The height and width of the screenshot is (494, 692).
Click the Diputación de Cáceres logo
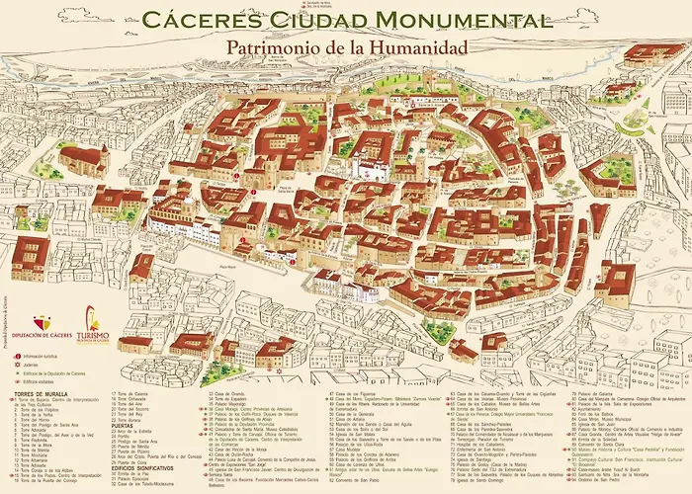pyautogui.click(x=40, y=327)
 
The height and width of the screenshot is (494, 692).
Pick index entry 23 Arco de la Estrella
pyautogui.click(x=137, y=433)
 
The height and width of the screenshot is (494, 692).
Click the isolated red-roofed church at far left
pyautogui.click(x=83, y=160)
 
